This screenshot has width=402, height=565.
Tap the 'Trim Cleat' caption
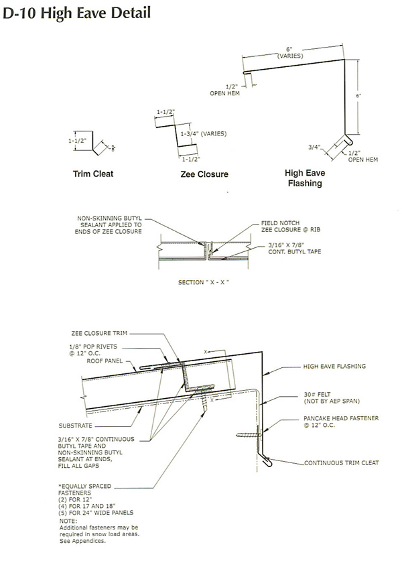pyautogui.click(x=92, y=174)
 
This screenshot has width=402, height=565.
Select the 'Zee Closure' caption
pyautogui.click(x=204, y=174)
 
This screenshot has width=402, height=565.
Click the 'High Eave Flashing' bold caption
pyautogui.click(x=305, y=178)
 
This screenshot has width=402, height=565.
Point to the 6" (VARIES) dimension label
pyautogui.click(x=290, y=52)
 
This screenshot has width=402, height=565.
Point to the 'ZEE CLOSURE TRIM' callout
pyautogui.click(x=98, y=332)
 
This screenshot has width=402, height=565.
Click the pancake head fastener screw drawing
pyautogui.click(x=249, y=436)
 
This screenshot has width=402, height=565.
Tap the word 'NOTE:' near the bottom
pyautogui.click(x=68, y=521)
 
